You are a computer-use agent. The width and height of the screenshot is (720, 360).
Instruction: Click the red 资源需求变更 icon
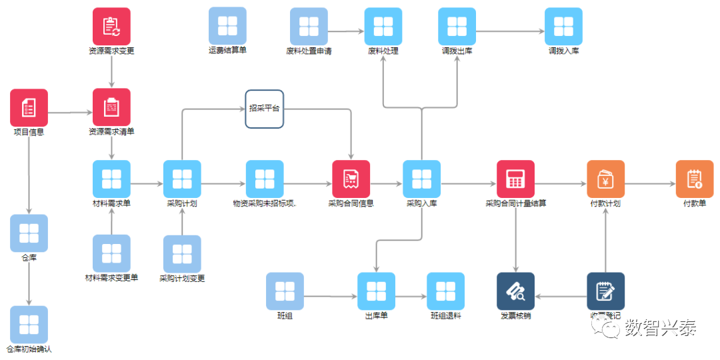click(111, 27)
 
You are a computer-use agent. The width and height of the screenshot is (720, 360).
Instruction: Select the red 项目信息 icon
click(29, 107)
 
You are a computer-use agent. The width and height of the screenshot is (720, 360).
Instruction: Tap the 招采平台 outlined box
click(264, 109)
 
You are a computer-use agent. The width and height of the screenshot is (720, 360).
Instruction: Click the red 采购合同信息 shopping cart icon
click(351, 179)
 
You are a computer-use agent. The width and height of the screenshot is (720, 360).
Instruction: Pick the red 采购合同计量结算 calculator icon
click(515, 179)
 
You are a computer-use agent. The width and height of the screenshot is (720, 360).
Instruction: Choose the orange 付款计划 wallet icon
click(605, 179)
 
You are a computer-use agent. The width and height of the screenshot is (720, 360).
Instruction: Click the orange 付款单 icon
click(694, 179)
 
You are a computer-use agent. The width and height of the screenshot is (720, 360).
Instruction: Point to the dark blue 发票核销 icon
click(515, 291)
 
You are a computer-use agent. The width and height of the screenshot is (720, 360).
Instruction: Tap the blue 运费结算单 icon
click(227, 26)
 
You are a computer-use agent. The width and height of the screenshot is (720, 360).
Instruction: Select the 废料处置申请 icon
click(309, 27)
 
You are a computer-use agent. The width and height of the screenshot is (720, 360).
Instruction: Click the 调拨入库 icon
click(563, 27)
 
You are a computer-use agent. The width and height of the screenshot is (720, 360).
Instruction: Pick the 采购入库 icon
click(421, 179)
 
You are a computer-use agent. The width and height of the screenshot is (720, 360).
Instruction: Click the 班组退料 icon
click(445, 291)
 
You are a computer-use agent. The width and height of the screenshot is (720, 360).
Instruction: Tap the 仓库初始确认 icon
click(29, 325)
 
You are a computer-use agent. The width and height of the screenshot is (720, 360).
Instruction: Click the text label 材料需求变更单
click(111, 278)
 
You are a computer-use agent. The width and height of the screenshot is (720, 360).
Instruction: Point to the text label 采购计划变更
click(182, 279)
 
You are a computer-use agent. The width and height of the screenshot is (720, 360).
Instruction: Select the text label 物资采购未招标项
click(264, 203)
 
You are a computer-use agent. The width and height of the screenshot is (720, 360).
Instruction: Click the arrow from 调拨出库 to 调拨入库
click(510, 31)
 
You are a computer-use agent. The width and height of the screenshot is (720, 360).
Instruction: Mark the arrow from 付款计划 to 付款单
click(650, 184)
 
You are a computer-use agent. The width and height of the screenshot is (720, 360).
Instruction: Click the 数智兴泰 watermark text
click(660, 327)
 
